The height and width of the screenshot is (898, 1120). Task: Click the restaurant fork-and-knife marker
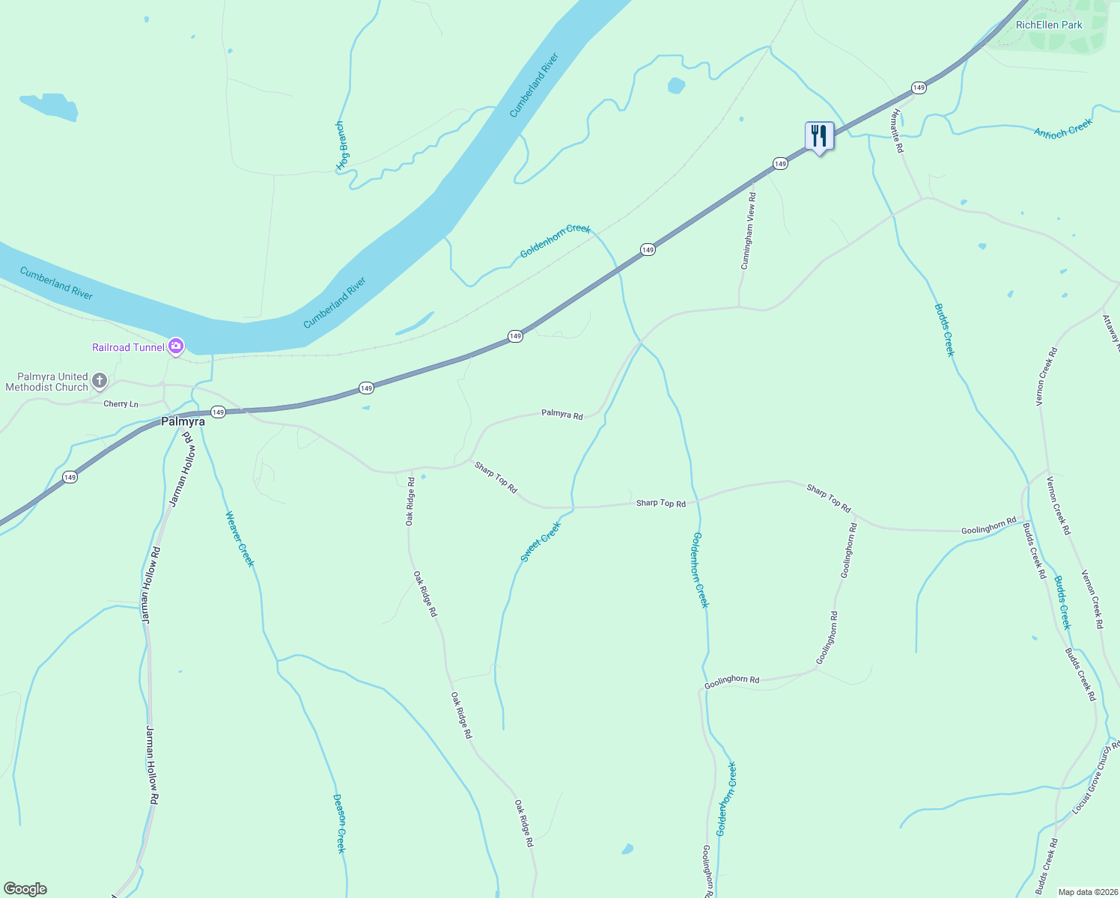[819, 136]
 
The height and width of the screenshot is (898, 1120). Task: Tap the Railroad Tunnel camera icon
[176, 346]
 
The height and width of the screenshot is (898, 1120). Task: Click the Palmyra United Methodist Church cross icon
[100, 382]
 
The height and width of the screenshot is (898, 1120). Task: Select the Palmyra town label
[183, 422]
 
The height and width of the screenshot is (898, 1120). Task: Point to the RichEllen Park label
[1049, 25]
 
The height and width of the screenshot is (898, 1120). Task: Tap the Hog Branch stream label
[342, 145]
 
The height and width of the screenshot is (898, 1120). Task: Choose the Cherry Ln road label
[121, 404]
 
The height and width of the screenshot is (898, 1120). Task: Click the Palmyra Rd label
[561, 415]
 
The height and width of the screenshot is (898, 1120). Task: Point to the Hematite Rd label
[897, 131]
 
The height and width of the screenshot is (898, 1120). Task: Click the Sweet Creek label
[541, 543]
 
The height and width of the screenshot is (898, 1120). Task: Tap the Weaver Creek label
[240, 539]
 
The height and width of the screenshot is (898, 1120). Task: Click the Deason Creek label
[339, 823]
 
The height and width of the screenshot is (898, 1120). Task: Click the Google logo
[25, 889]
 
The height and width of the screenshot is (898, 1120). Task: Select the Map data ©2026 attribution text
[1086, 892]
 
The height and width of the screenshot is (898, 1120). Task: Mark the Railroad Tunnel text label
[128, 347]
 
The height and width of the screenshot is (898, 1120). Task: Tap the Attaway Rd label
[1110, 331]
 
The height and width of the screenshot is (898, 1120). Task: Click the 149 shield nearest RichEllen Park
[919, 88]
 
